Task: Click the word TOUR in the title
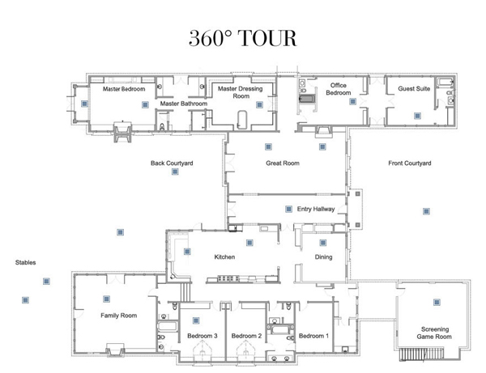[268, 38]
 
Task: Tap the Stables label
[25, 262]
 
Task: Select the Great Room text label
[283, 163]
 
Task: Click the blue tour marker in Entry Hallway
[288, 209]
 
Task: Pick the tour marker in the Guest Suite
[417, 116]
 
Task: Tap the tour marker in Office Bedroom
[352, 101]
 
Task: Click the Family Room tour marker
[106, 299]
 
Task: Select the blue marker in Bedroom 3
[196, 320]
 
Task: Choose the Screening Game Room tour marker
[437, 302]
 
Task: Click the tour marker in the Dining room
[323, 243]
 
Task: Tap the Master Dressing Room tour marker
[260, 104]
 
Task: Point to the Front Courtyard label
[409, 163]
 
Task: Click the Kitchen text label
[224, 257]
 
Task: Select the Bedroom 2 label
[246, 336]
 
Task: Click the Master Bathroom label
[184, 104]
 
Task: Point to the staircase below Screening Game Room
[421, 354]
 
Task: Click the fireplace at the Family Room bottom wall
[115, 350]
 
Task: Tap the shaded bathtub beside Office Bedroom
[307, 99]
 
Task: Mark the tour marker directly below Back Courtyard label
[175, 172]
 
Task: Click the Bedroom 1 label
[313, 336]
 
